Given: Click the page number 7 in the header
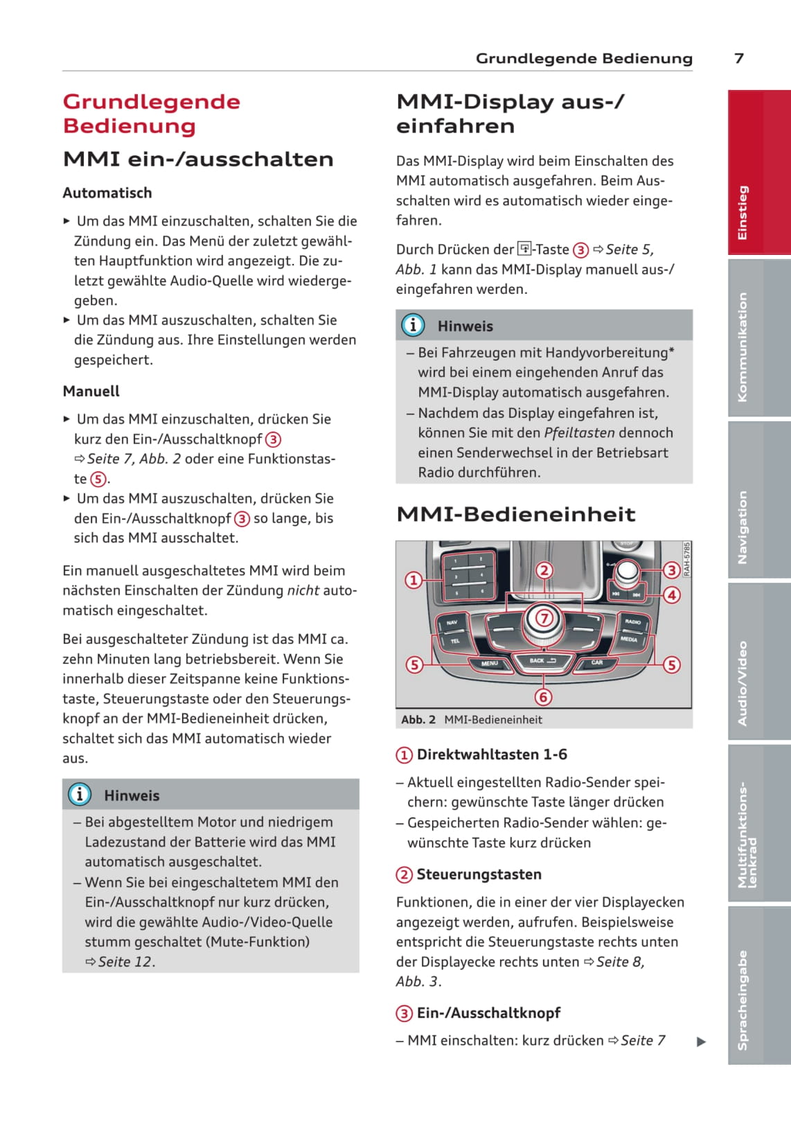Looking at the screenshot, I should click(739, 58).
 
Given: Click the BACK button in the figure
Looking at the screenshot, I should click(542, 661).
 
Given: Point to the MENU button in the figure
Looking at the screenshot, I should click(490, 664).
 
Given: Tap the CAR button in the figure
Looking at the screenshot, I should click(597, 663).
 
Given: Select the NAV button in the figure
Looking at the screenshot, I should click(452, 623).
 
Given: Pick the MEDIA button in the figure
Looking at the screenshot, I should click(629, 639).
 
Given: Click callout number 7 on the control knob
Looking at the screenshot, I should click(544, 617).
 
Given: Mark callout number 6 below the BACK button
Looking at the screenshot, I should click(543, 697).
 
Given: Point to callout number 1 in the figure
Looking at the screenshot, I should click(414, 580).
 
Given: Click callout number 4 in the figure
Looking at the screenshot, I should click(671, 594).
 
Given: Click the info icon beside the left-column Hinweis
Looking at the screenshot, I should click(80, 794).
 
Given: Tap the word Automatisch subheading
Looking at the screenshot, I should click(107, 193).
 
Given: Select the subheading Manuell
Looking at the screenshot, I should click(91, 391).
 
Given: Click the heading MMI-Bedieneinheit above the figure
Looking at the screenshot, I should click(516, 514).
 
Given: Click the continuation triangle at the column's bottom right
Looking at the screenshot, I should click(701, 1041).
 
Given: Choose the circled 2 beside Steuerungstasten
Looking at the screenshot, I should click(404, 875).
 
